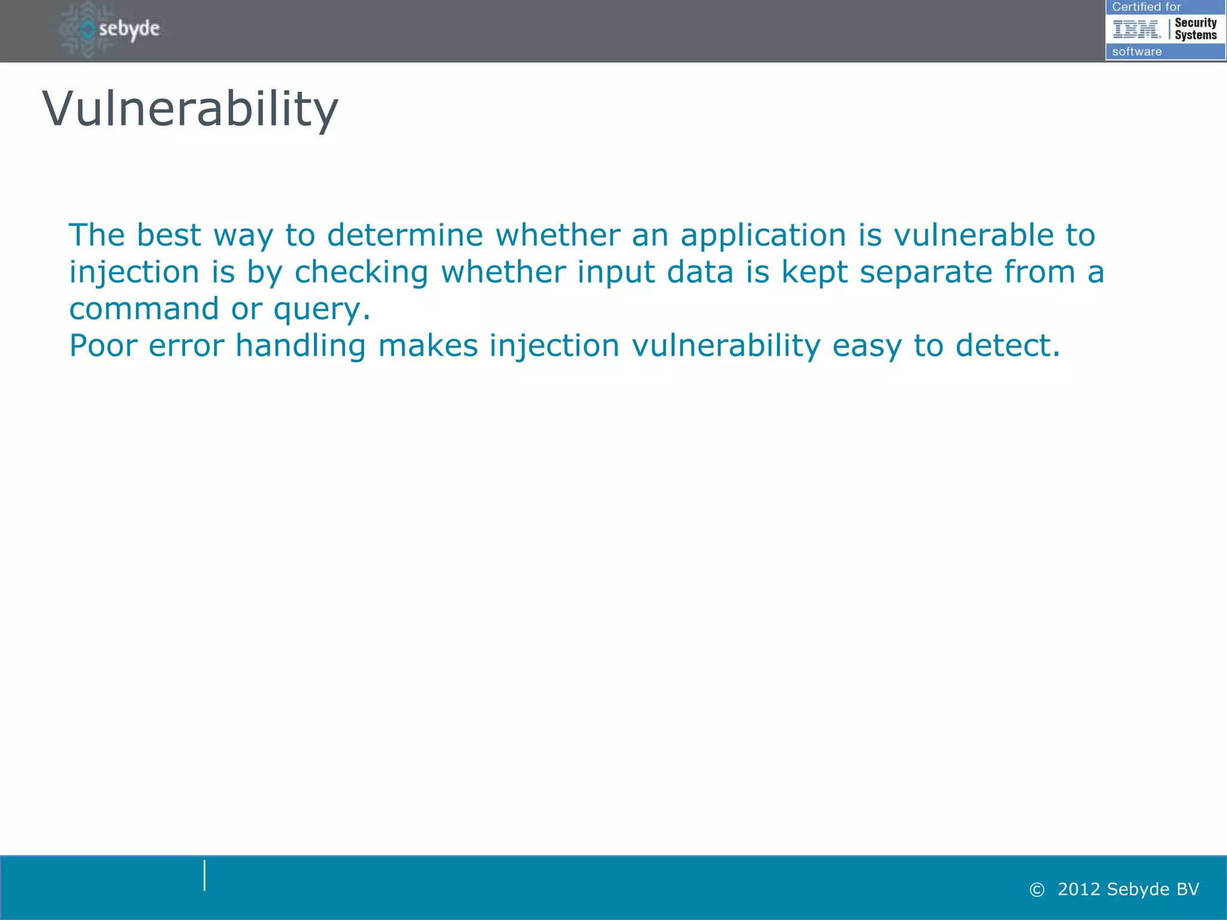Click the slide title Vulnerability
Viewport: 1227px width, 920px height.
click(190, 110)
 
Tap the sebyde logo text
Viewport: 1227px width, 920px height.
click(129, 29)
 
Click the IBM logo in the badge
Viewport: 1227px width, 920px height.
click(1136, 29)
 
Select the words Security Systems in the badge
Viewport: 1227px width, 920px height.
click(1195, 29)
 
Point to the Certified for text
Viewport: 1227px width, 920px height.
click(1146, 7)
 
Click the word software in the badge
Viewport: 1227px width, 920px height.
click(1137, 52)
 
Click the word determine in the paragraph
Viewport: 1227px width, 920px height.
click(404, 235)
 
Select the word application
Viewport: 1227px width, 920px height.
click(763, 235)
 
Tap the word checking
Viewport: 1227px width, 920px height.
click(361, 272)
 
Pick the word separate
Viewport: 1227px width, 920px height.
click(926, 272)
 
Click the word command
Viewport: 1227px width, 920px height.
click(144, 309)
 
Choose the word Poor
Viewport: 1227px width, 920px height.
click(103, 346)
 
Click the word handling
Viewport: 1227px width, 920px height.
click(300, 346)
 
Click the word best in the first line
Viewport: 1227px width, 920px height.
click(168, 235)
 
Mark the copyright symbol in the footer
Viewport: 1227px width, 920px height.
click(1036, 889)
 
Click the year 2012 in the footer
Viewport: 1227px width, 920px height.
click(1079, 889)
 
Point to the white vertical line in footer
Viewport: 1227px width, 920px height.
click(204, 875)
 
